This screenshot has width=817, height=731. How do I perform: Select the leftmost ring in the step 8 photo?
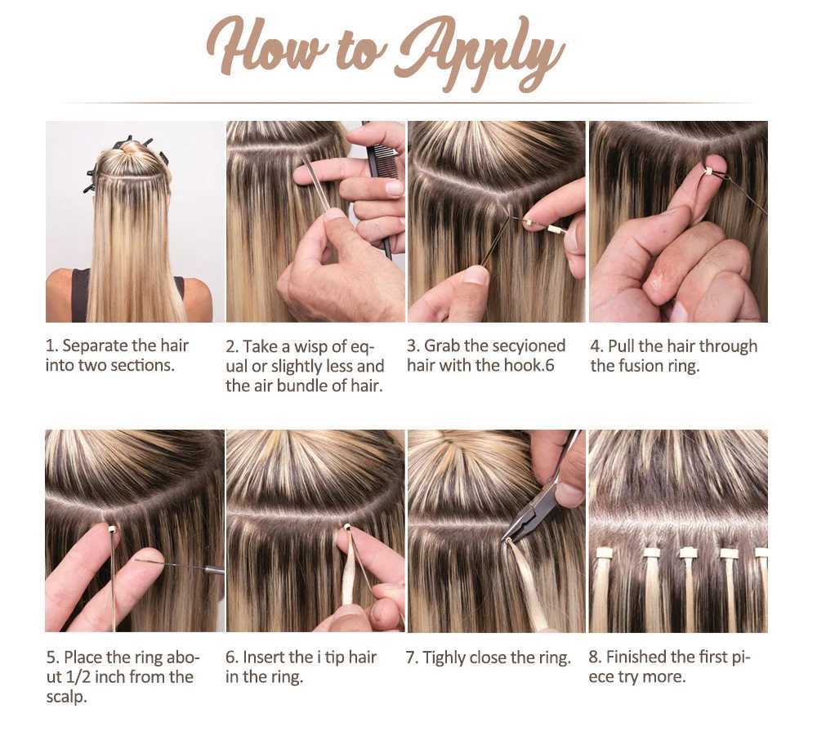pyautogui.click(x=604, y=553)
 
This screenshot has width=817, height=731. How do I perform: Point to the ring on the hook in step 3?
pyautogui.click(x=530, y=222)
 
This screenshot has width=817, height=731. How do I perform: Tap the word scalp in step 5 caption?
pyautogui.click(x=65, y=697)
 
